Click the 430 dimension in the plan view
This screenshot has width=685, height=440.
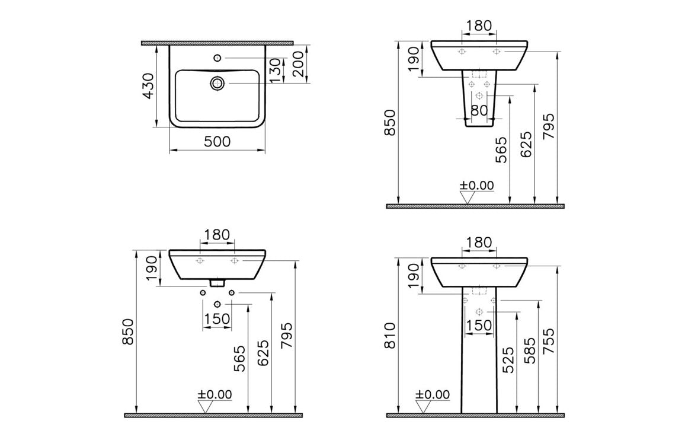click(148, 85)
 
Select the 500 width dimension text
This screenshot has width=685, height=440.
click(217, 141)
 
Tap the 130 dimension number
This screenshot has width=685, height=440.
click(274, 71)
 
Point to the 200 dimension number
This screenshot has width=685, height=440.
click(299, 63)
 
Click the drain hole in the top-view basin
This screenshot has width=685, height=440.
click(217, 84)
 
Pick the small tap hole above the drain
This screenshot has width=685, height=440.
click(217, 58)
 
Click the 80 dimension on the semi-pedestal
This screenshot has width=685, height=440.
click(479, 110)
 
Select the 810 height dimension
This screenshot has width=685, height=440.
click(389, 336)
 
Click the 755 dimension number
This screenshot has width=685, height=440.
click(549, 341)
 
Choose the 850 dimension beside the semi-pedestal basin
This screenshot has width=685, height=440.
click(389, 122)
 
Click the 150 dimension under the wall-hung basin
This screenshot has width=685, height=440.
click(217, 319)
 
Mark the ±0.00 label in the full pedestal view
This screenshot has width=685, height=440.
click(432, 395)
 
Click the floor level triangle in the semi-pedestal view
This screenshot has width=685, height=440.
click(467, 197)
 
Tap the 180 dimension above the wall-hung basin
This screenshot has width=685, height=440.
click(217, 234)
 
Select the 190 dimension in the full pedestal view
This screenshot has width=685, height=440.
click(413, 275)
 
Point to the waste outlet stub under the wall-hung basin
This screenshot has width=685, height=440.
click(217, 283)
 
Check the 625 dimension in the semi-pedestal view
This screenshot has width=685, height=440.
click(526, 144)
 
